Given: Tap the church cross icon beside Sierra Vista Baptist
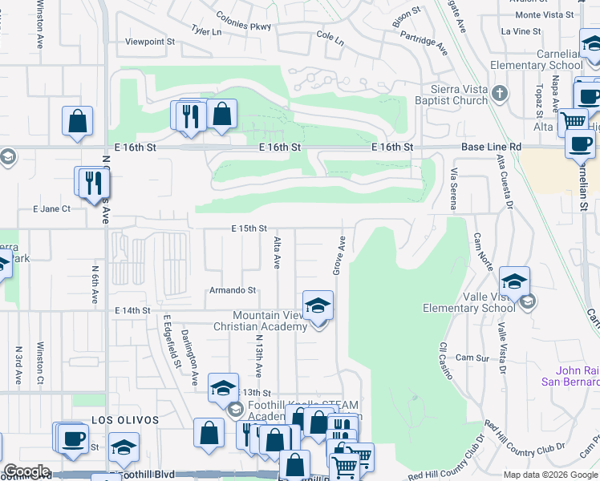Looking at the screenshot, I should (x=500, y=94).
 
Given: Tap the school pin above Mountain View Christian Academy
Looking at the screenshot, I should (x=318, y=306).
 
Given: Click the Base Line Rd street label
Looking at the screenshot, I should (x=491, y=148).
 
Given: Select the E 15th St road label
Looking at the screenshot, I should (x=248, y=228).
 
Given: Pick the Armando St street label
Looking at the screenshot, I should (x=233, y=290).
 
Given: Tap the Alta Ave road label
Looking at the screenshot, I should (x=277, y=252).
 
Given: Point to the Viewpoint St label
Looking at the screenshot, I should (x=149, y=41).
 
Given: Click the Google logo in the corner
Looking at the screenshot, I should (x=26, y=471).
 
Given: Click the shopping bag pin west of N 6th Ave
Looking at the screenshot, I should (x=77, y=123).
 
